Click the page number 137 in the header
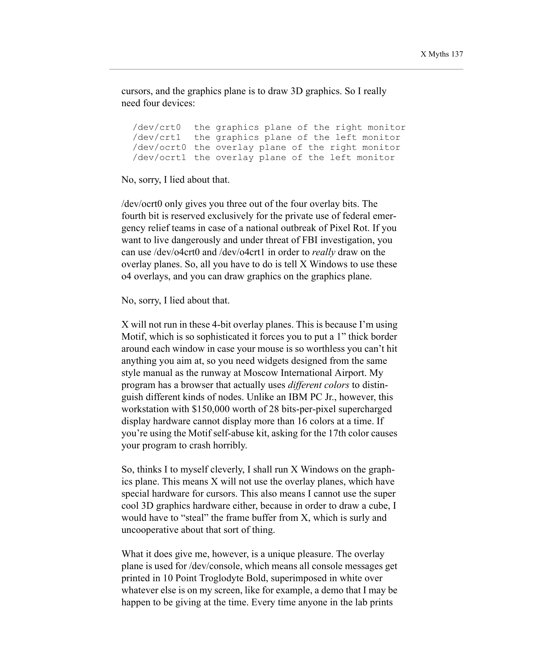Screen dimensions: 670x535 [x=457, y=54]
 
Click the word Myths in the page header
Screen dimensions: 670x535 [x=439, y=54]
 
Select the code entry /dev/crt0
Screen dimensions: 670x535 [x=157, y=127]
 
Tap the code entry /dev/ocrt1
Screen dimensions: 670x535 [x=159, y=158]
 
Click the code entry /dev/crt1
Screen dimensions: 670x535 [x=157, y=137]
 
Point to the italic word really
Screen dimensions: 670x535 [x=323, y=252]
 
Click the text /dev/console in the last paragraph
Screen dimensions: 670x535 [x=215, y=566]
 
